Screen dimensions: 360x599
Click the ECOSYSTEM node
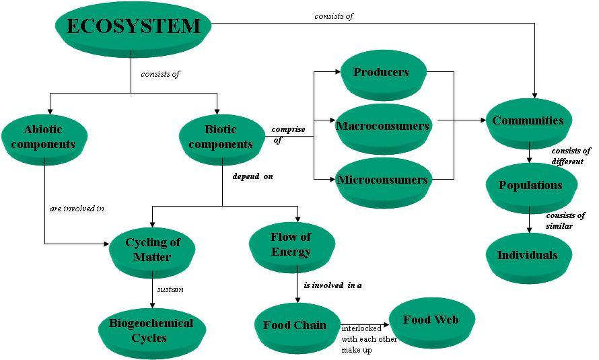(133, 27)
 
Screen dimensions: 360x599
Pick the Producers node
(381, 73)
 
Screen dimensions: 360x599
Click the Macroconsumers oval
(382, 127)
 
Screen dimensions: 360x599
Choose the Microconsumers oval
(382, 180)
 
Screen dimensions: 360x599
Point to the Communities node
(528, 121)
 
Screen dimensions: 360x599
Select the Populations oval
(530, 186)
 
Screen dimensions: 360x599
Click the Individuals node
(528, 256)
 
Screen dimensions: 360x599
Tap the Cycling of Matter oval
(153, 250)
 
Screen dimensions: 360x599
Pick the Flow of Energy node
(291, 244)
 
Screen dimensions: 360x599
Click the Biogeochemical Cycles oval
(150, 330)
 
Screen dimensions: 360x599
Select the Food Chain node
(295, 326)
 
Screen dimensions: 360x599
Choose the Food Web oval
(431, 320)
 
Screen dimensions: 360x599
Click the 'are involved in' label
(77, 209)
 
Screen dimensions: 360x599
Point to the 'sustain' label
(170, 290)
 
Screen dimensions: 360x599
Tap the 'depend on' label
(252, 177)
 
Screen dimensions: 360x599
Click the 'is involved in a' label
(332, 285)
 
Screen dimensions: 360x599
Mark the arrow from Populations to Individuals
(530, 219)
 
